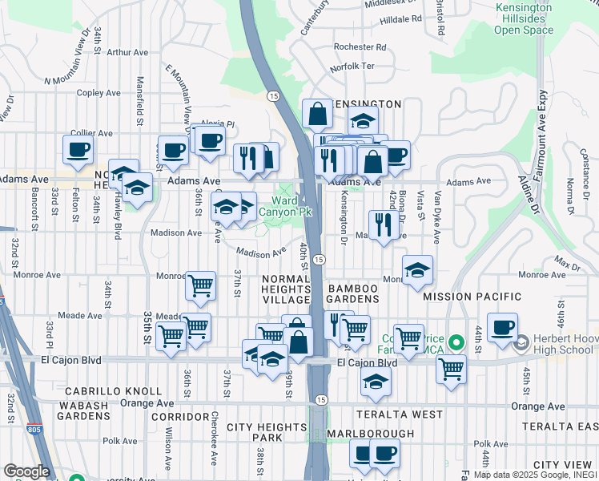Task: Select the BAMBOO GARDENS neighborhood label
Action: [x=352, y=293]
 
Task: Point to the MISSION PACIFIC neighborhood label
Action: [x=472, y=297]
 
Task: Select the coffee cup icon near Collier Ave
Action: [x=78, y=149]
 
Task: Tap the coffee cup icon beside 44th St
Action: [x=502, y=327]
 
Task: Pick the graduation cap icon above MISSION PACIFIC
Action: [x=417, y=271]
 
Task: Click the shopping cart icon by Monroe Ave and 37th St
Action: [x=200, y=285]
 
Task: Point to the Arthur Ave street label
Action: [x=128, y=52]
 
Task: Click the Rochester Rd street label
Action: [x=360, y=47]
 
